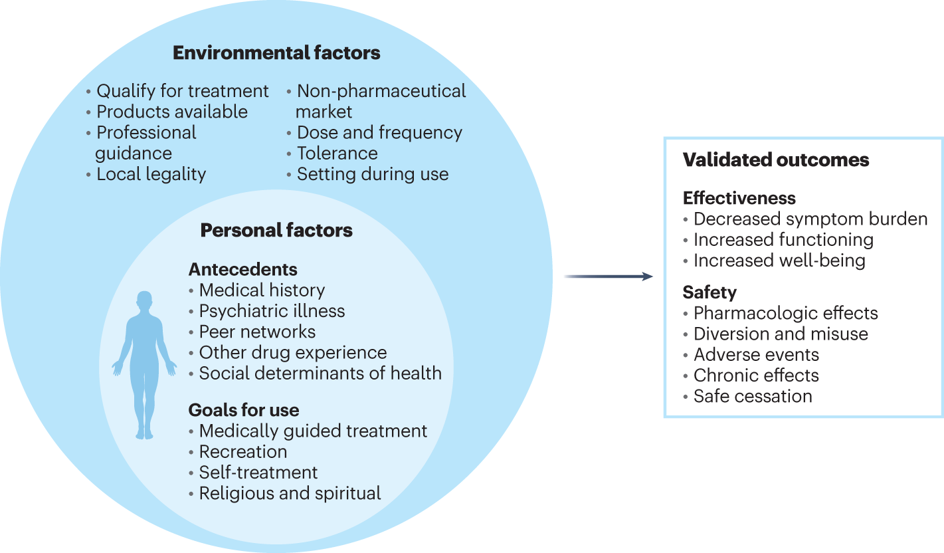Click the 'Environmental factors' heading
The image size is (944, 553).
point(276,53)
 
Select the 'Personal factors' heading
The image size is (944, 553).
point(276,231)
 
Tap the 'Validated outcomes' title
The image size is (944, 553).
point(776,160)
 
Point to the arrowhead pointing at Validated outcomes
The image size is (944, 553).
point(648,276)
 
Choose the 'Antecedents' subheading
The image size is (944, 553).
point(243,269)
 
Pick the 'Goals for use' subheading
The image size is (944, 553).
point(244,409)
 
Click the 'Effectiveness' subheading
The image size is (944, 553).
point(739,198)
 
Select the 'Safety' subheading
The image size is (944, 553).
point(709,292)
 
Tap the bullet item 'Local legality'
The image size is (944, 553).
point(151,175)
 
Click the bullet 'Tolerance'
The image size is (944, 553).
point(337,154)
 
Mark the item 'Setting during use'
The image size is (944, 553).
point(373,175)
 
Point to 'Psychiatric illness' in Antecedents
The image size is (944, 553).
point(272,311)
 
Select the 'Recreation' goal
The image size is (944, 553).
point(243,452)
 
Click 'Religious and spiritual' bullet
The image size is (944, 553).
point(290,494)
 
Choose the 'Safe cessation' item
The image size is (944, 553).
point(753,397)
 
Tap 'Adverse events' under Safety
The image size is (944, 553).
point(756,355)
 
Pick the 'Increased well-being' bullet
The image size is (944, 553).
point(779,261)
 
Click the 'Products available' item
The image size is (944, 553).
point(172,112)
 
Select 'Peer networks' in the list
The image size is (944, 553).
point(258,332)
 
